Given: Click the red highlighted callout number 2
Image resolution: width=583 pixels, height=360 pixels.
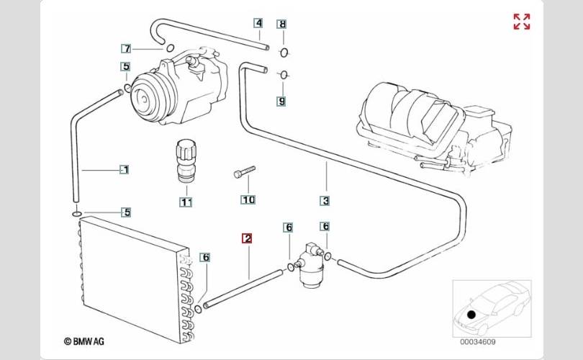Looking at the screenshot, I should pos(247,238).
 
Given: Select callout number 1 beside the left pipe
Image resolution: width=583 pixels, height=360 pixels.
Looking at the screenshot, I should pos(125,170).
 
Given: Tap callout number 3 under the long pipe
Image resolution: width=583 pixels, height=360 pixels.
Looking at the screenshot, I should pos(325,201).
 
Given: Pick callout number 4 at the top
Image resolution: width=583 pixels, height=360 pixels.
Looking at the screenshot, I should pos(258,23).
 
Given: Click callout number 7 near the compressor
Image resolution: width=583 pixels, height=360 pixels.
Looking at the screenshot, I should pos(126,49).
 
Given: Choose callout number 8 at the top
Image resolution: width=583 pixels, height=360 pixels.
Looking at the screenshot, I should pos(281,24).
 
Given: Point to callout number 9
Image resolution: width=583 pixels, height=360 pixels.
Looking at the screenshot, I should pos(281,102).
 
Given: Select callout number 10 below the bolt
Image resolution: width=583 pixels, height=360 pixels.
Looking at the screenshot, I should pos(248,199).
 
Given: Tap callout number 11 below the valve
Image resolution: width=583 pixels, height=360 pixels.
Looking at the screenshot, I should pos(186,202).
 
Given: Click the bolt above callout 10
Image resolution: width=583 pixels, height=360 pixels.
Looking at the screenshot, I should pos(245,172).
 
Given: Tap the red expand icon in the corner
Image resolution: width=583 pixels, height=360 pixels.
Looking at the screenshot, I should pos(522,22).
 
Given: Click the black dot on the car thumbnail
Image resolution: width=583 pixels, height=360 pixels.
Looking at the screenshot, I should pos(471,314).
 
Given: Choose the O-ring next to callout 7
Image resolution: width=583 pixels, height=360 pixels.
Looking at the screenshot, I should pos(170,48).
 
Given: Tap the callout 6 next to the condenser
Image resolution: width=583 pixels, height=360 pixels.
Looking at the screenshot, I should pos(205,257).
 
